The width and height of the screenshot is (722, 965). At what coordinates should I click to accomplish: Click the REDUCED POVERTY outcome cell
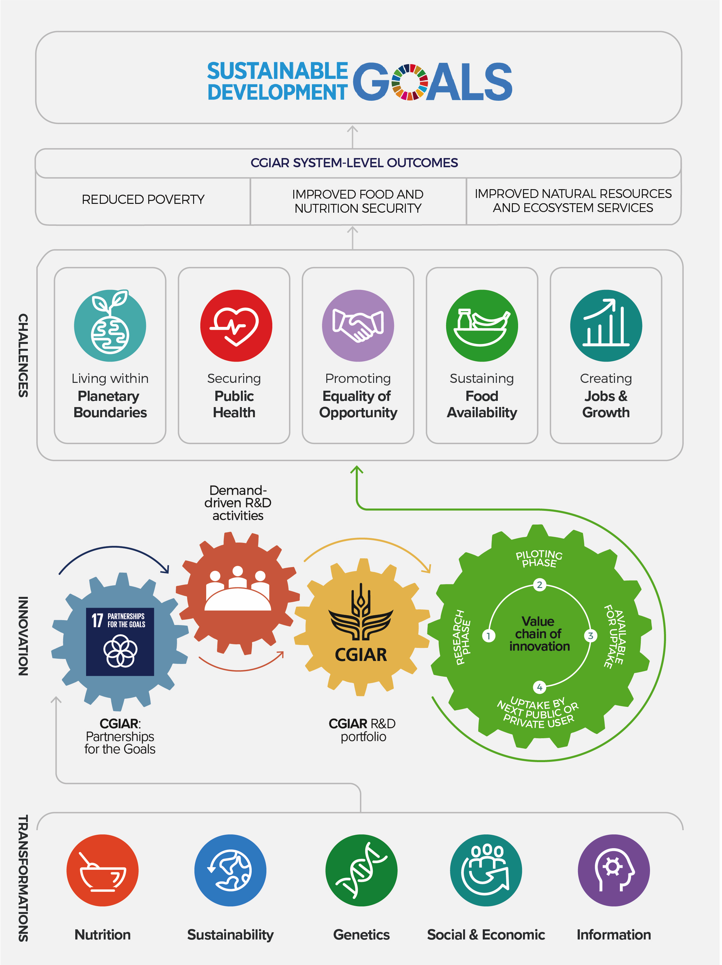[x=143, y=199]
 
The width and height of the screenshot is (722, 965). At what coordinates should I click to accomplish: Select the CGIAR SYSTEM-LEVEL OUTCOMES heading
[x=354, y=163]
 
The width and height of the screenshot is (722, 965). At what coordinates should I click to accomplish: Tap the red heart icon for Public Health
[x=236, y=326]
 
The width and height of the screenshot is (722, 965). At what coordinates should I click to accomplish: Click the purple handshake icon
[x=358, y=326]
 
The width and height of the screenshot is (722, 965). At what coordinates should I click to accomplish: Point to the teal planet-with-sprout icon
[x=110, y=326]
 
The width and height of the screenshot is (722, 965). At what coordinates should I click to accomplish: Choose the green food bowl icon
[x=482, y=326]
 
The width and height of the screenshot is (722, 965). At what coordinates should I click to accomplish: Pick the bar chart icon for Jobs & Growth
[x=605, y=326]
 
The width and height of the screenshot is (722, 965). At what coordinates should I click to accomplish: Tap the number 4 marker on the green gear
[x=539, y=688]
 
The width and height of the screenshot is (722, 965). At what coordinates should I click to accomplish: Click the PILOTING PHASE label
[x=539, y=558]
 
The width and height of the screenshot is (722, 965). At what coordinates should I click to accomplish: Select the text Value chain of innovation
[x=539, y=634]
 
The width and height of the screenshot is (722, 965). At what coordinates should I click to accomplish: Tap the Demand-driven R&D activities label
[x=238, y=503]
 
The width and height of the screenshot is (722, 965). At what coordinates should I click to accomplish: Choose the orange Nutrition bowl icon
[x=102, y=870]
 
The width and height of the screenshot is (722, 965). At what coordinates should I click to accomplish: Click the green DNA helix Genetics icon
[x=361, y=870]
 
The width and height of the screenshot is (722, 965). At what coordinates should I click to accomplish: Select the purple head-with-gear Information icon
[x=613, y=870]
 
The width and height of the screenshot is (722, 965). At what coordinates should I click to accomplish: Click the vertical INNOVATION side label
[x=23, y=636]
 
